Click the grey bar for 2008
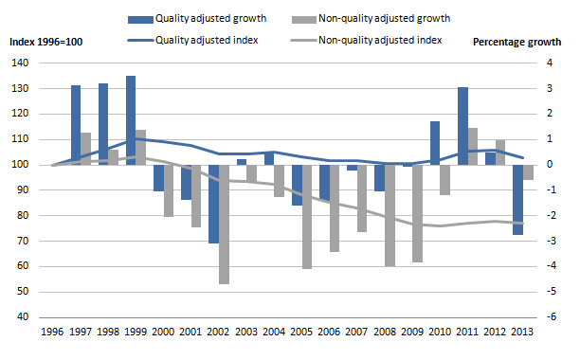tap(390, 215)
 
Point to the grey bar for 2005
tap(307, 217)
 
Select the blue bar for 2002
tap(213, 204)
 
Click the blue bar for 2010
tap(435, 143)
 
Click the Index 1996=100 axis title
tap(46, 42)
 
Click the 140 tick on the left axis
tap(19, 63)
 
